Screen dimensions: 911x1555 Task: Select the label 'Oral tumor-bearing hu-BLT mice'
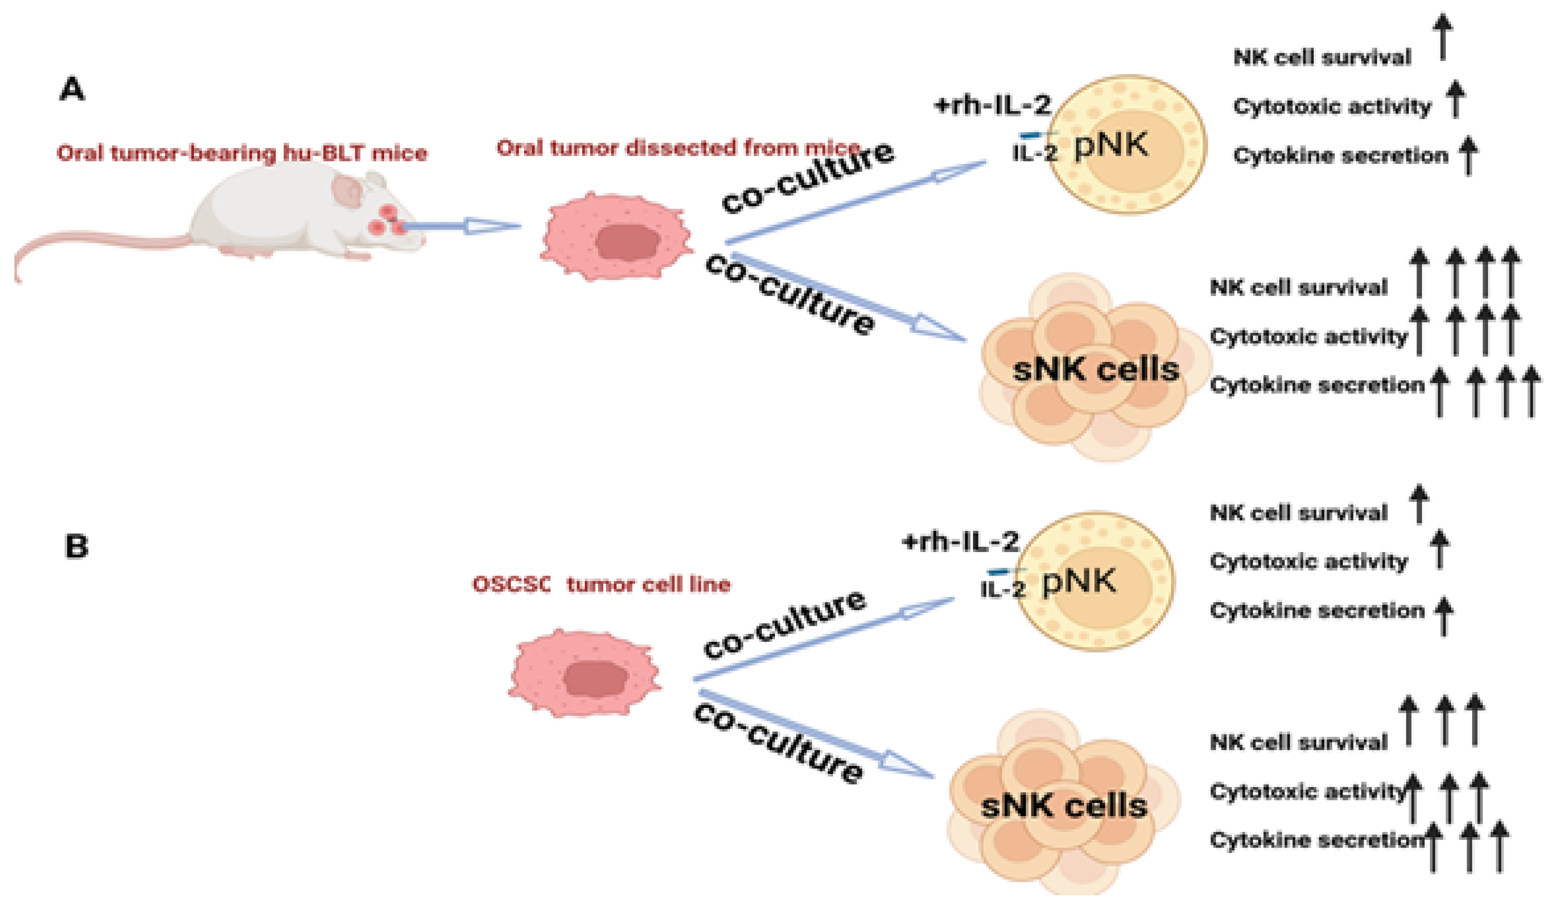point(242,152)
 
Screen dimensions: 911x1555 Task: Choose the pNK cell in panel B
point(1095,582)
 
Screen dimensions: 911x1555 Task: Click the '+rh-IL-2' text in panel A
point(992,106)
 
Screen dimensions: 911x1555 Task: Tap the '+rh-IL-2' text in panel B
point(960,542)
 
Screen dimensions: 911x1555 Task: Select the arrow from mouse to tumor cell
point(460,226)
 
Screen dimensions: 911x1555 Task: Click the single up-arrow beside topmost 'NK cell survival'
point(1442,37)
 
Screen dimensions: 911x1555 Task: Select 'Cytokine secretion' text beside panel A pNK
point(1340,155)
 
